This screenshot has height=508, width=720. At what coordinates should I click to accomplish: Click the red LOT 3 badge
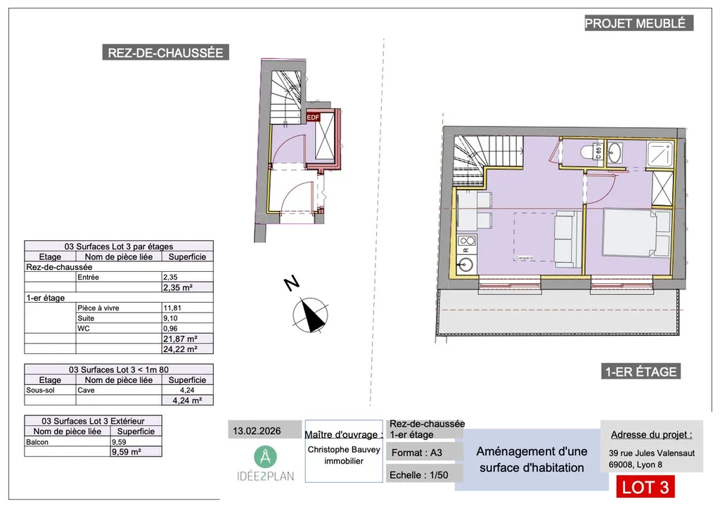pyautogui.click(x=645, y=487)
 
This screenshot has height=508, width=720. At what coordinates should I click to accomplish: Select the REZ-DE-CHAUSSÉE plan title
pyautogui.click(x=165, y=53)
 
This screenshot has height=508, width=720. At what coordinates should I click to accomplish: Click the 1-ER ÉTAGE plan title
pyautogui.click(x=640, y=372)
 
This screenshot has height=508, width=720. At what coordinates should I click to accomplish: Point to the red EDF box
pyautogui.click(x=312, y=118)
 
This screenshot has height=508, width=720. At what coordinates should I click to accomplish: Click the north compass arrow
pyautogui.click(x=311, y=315)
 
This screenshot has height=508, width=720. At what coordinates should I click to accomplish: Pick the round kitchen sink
pyautogui.click(x=465, y=266)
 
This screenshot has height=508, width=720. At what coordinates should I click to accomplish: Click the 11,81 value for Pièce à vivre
pyautogui.click(x=172, y=308)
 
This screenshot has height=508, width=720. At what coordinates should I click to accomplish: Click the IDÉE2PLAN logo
pyautogui.click(x=265, y=464)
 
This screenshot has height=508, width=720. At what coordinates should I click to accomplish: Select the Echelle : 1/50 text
pyautogui.click(x=419, y=475)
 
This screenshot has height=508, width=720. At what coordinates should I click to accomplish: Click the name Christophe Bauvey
pyautogui.click(x=344, y=450)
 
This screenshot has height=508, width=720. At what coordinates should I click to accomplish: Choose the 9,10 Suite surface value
pyautogui.click(x=170, y=318)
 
